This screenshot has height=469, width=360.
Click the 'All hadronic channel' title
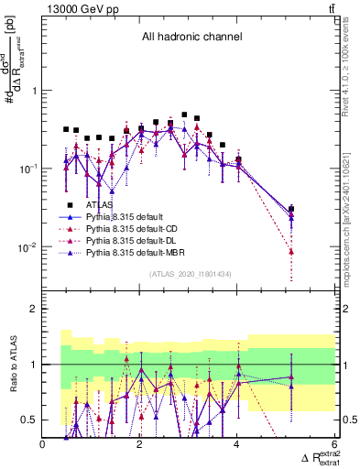190,37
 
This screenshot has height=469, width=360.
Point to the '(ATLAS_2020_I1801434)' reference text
189,275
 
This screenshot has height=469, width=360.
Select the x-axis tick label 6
335,444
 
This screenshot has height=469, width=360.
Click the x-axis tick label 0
43,444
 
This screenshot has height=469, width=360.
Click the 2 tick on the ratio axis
33,309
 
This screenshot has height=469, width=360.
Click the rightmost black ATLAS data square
291,209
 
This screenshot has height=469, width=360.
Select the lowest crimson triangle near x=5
291,251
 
